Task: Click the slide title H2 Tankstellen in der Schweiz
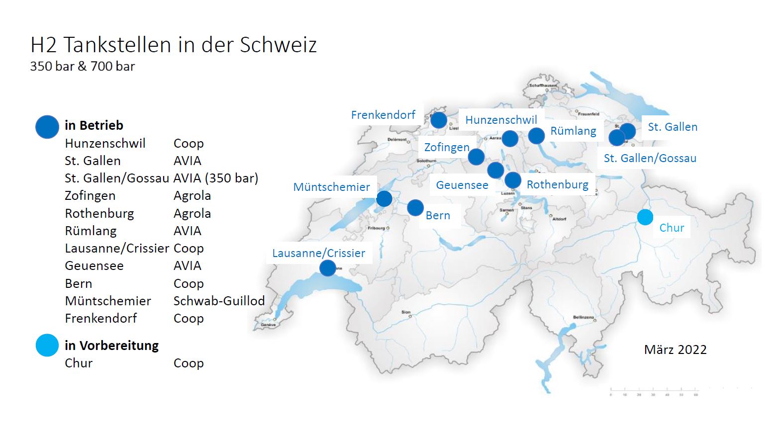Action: (x=174, y=45)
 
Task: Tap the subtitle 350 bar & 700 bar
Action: (x=83, y=67)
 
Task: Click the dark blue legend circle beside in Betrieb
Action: (x=47, y=127)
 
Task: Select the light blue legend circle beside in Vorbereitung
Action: (x=47, y=346)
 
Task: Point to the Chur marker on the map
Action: (x=645, y=217)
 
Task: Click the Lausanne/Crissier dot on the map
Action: (x=327, y=268)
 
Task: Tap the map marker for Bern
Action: (x=415, y=208)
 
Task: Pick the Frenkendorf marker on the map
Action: (x=439, y=120)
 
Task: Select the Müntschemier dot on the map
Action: (x=384, y=199)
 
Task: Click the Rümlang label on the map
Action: (x=573, y=131)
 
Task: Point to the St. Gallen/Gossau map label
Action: (x=650, y=159)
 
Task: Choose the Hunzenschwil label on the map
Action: (x=501, y=120)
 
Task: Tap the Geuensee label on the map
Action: (x=462, y=185)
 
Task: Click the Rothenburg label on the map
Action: (x=557, y=185)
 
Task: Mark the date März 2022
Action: (x=675, y=350)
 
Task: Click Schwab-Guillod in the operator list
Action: (x=219, y=301)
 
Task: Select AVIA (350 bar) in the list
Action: (x=216, y=178)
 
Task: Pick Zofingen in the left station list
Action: (x=90, y=196)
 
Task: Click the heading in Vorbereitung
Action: (x=111, y=346)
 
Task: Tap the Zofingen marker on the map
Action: (x=476, y=157)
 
